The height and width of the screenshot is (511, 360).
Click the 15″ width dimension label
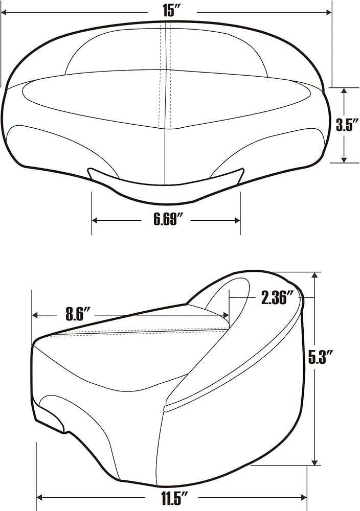pyautogui.click(x=172, y=11)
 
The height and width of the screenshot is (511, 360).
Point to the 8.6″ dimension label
pyautogui.click(x=78, y=314)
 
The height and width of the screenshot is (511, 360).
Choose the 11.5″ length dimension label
pyautogui.click(x=175, y=498)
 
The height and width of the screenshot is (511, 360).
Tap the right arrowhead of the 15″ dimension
pyautogui.click(x=329, y=12)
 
